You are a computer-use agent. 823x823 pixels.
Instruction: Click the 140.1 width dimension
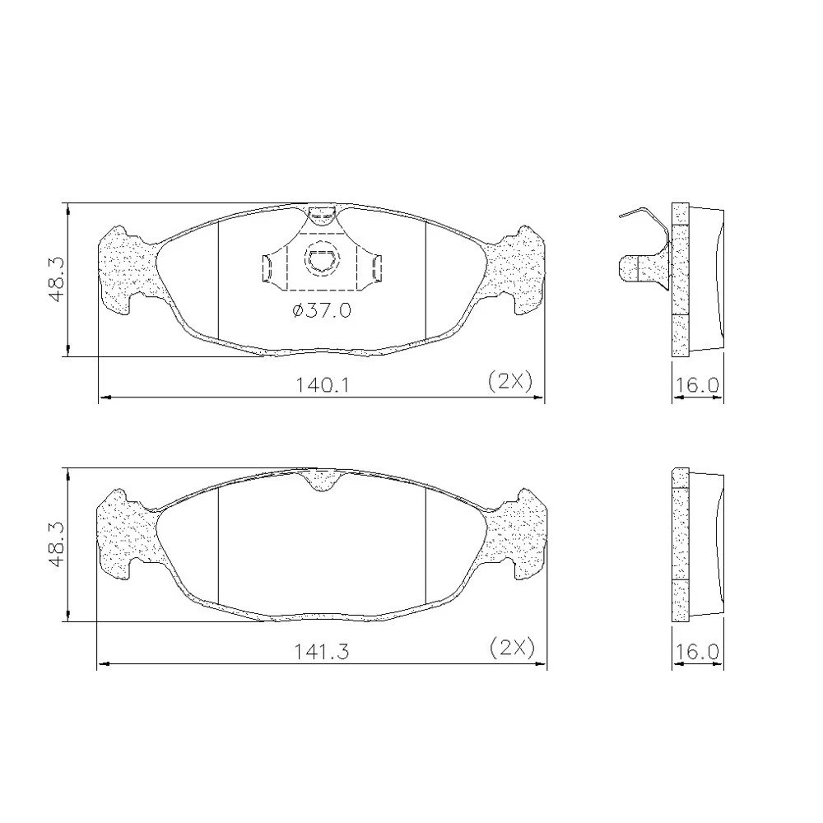323,385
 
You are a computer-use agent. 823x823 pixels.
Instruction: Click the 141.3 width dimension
321,651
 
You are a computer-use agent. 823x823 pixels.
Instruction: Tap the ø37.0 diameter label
322,311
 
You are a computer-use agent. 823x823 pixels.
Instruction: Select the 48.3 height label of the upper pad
57,279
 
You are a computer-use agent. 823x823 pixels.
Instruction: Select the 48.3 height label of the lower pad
57,544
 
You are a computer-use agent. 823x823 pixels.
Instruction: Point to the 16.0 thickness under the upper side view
696,385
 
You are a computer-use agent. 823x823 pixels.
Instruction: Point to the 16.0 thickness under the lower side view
696,651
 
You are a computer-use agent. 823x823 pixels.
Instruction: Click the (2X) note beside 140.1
510,381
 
